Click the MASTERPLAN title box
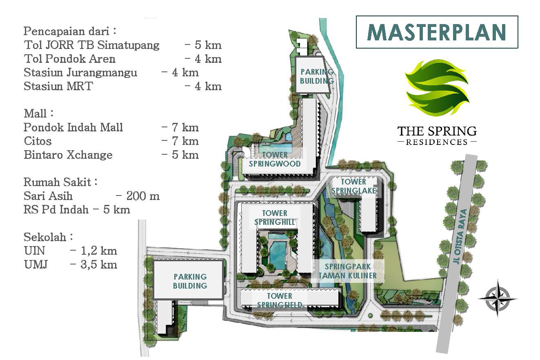(437, 32)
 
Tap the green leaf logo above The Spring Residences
(437, 88)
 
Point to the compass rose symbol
(497, 298)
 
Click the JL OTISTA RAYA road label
(460, 236)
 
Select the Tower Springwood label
(275, 159)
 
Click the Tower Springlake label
(353, 186)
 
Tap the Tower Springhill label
(275, 218)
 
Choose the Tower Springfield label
(280, 300)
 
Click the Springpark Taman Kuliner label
(348, 271)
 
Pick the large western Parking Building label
(190, 281)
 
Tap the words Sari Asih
(48, 196)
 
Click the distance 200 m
(143, 196)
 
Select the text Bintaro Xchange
(68, 155)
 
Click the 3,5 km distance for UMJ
(99, 264)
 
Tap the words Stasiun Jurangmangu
(80, 72)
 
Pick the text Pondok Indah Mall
(73, 127)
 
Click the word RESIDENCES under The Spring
(437, 142)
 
